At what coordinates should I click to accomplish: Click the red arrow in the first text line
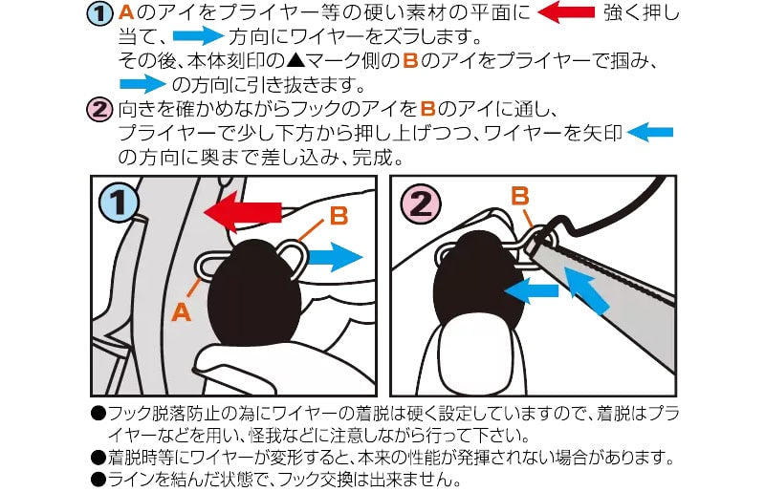[566, 12]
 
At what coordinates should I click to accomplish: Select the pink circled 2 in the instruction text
[99, 109]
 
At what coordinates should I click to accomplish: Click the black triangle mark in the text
[295, 60]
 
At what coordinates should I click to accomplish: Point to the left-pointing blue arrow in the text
[650, 132]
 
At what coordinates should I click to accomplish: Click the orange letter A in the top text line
[126, 12]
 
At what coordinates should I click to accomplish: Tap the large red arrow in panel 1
[243, 212]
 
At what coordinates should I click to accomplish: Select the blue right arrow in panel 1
[336, 257]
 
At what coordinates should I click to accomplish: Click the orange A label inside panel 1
[181, 311]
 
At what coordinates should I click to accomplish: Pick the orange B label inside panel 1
[339, 216]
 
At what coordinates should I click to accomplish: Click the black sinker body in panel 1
[254, 292]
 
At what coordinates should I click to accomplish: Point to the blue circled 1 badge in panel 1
[118, 202]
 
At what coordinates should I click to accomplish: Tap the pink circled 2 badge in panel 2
[420, 203]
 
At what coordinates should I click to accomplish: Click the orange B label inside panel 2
[520, 197]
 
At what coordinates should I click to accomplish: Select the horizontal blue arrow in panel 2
[531, 291]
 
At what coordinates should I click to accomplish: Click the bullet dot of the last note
[98, 480]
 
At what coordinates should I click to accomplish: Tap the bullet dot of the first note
[98, 414]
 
